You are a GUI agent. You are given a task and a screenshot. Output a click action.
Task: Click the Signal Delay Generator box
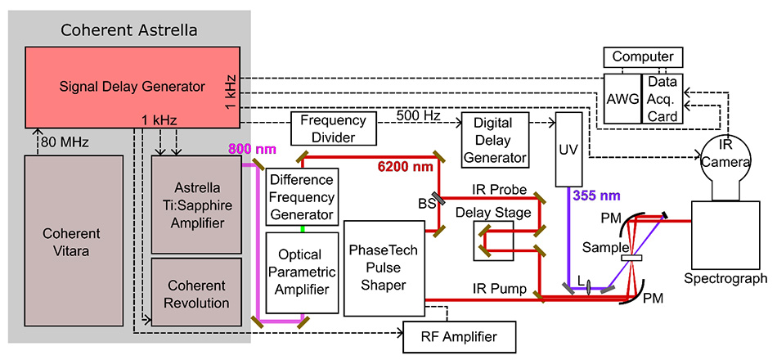[131, 85]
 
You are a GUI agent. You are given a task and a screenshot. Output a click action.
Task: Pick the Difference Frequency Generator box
[302, 197]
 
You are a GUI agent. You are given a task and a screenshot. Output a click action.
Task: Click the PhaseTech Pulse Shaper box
[384, 266]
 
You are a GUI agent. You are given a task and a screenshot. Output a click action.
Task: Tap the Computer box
[644, 57]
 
